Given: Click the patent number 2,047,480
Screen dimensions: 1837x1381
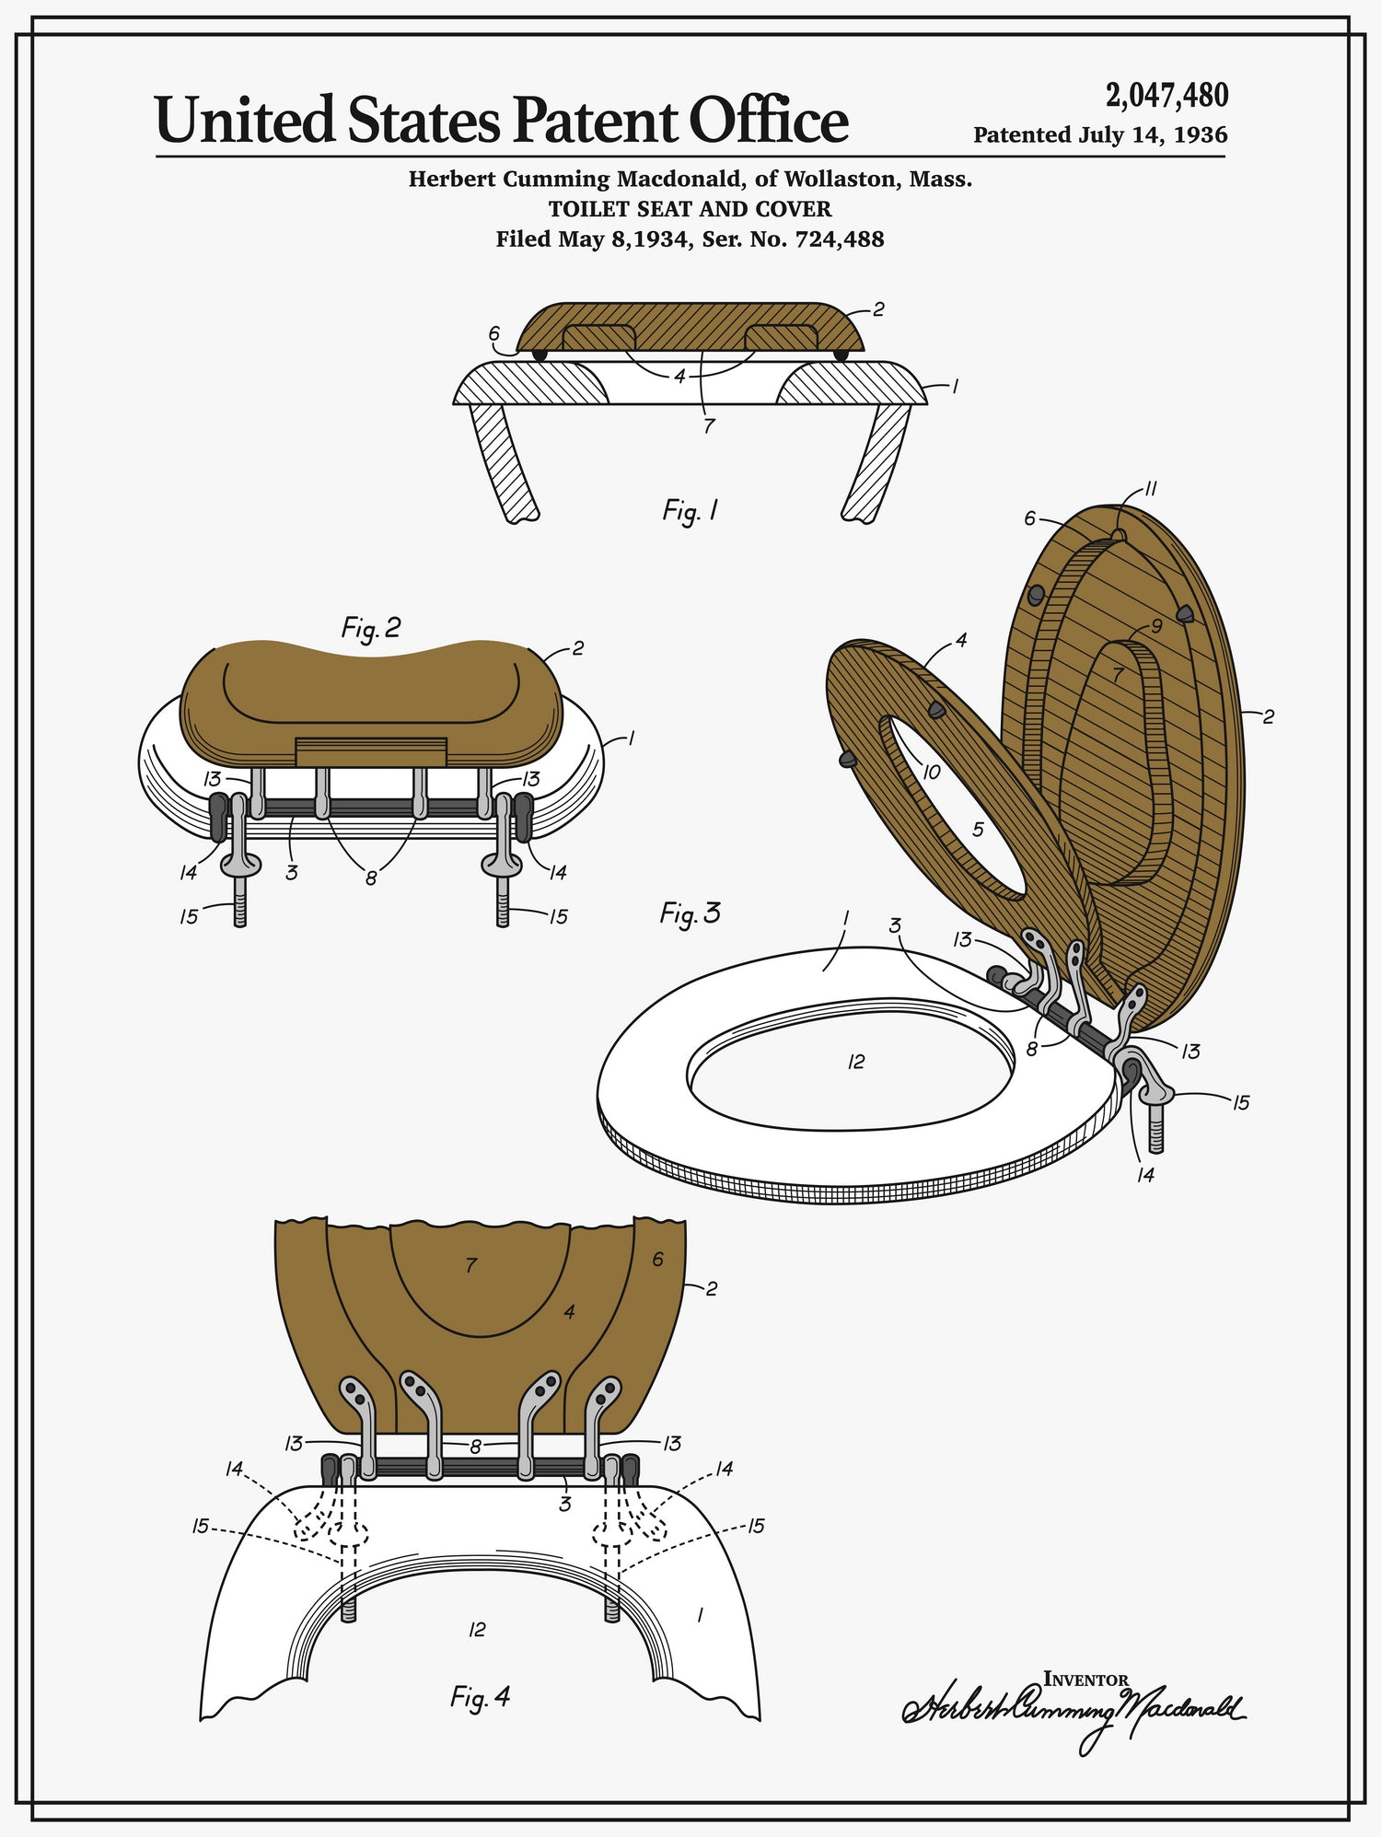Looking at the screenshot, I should (x=1166, y=95).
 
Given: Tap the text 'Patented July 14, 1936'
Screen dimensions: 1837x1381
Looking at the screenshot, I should (x=1100, y=135).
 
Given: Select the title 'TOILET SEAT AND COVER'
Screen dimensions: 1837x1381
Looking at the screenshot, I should (x=690, y=209).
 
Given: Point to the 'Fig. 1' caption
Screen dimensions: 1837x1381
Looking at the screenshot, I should (x=690, y=510).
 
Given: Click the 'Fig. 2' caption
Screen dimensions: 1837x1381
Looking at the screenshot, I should (x=371, y=628).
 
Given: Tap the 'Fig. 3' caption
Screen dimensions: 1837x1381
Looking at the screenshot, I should (x=690, y=913).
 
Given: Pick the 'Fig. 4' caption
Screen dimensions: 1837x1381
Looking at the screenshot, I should (x=480, y=1696).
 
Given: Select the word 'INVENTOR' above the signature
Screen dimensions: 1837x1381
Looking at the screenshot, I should (x=1085, y=1679).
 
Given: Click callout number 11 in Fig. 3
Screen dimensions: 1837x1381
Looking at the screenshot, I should (x=1150, y=489).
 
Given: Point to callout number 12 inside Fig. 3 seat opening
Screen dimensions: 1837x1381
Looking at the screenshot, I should (x=856, y=1062).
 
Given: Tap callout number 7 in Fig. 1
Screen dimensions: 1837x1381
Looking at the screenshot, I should (x=708, y=426).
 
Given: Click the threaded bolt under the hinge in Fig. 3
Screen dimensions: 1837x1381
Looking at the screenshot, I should (x=1155, y=1129).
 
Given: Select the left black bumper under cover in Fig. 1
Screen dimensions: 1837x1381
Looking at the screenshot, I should (x=540, y=355).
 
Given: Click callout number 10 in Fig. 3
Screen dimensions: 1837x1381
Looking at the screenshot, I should (x=931, y=772).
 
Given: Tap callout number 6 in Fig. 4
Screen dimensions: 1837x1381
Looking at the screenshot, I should (x=657, y=1259).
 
